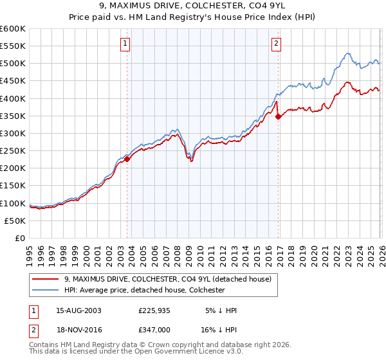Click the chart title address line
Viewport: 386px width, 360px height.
pyautogui.click(x=192, y=6)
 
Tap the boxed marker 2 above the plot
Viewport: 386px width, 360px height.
pyautogui.click(x=276, y=44)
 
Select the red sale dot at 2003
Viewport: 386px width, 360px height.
pyautogui.click(x=127, y=159)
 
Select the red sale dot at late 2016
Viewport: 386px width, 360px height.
pyautogui.click(x=278, y=117)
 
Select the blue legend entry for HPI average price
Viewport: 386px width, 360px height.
pyautogui.click(x=144, y=290)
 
